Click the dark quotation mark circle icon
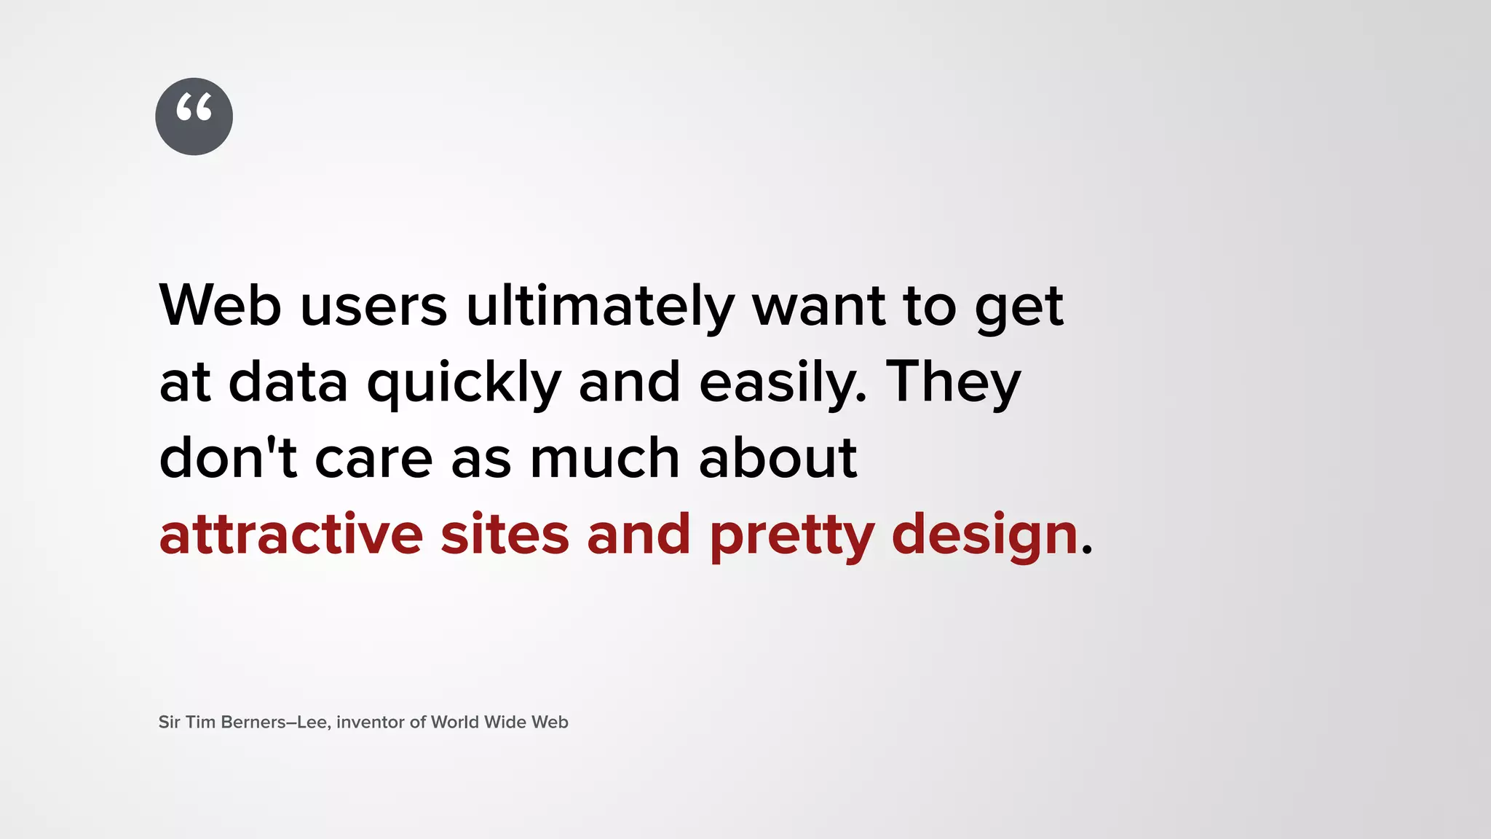pos(194,117)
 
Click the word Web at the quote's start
pos(220,305)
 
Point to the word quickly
pos(464,383)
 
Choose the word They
pos(953,383)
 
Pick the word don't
pos(228,458)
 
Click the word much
pos(604,458)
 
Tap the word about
pos(778,458)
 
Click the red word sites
pos(505,535)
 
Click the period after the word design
pos(1087,551)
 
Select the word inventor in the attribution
pos(370,722)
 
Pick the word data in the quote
pos(288,383)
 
